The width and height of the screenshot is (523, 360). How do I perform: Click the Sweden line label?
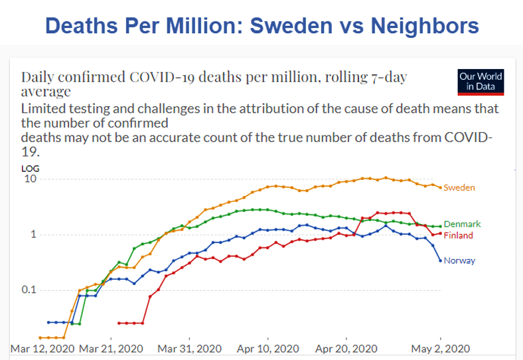click(x=459, y=188)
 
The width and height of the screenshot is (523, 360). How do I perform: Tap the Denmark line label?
click(x=462, y=225)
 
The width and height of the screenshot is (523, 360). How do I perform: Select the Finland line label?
click(x=459, y=236)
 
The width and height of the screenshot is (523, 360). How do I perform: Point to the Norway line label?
click(x=459, y=261)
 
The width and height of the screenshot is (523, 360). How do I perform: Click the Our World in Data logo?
click(x=481, y=82)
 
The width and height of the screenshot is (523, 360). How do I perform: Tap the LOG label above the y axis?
click(x=30, y=169)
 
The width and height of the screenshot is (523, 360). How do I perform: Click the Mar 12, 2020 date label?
click(x=42, y=348)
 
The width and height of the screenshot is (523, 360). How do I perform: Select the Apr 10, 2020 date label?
click(x=267, y=348)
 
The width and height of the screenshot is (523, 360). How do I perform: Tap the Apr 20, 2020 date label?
click(x=346, y=348)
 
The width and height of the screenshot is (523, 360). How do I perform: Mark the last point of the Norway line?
click(x=440, y=260)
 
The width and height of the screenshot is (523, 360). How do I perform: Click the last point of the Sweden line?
click(x=440, y=188)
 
